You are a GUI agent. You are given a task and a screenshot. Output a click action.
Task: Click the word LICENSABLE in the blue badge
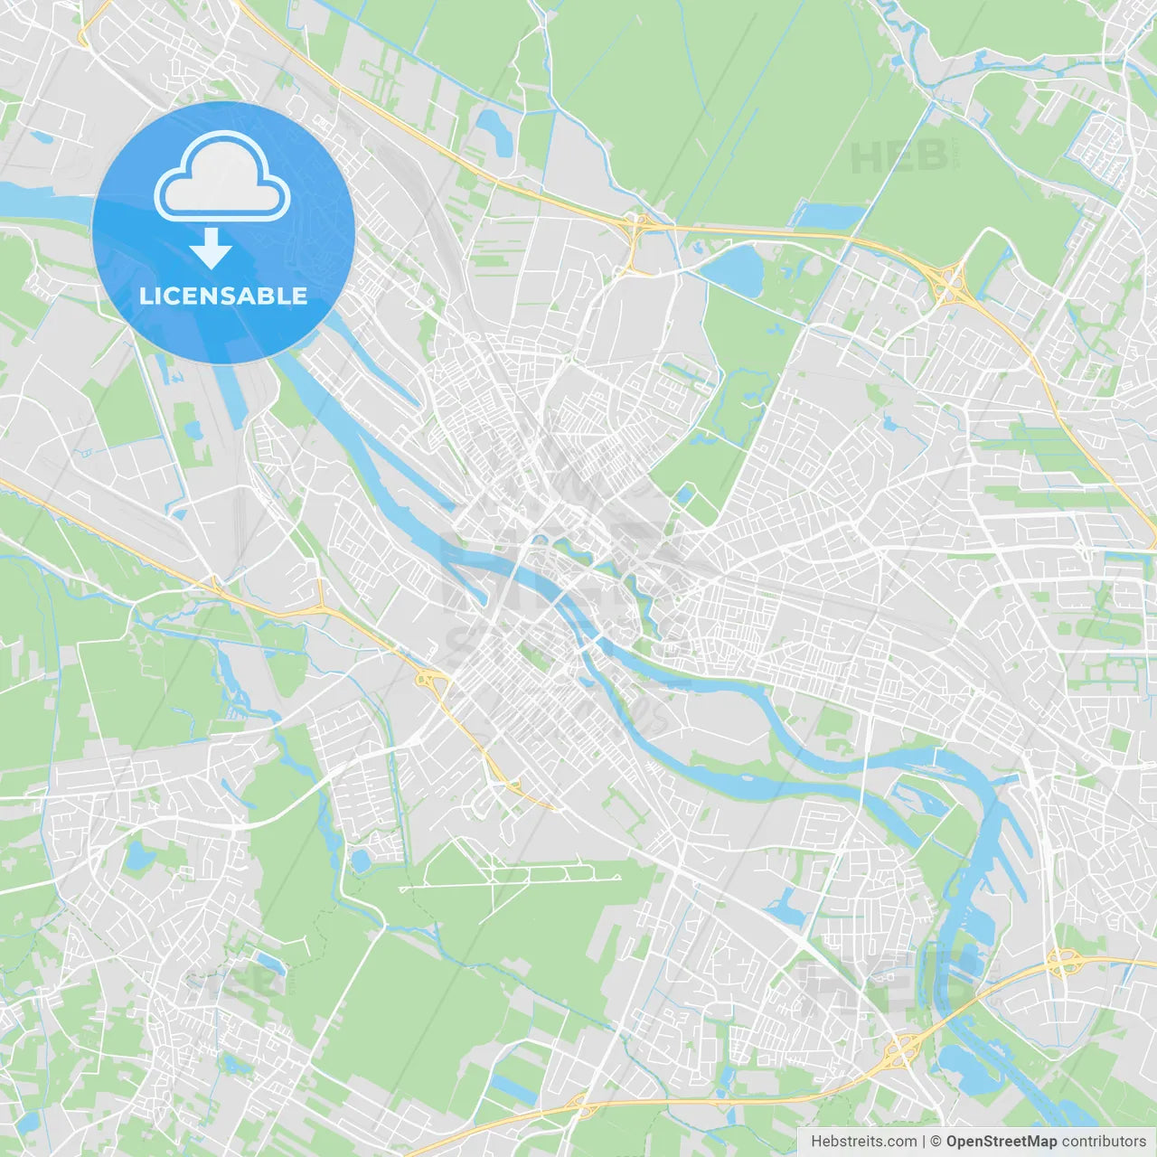tap(223, 296)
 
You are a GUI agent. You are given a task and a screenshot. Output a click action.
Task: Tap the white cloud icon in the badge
tap(222, 178)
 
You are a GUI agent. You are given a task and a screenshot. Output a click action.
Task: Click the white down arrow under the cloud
tap(211, 249)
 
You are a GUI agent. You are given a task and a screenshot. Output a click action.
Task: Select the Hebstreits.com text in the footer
tap(863, 1142)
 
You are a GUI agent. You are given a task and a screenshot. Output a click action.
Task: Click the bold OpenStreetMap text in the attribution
tap(1002, 1142)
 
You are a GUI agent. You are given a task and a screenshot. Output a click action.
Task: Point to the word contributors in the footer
tap(1104, 1142)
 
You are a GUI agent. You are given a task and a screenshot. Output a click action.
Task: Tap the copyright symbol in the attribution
tap(936, 1142)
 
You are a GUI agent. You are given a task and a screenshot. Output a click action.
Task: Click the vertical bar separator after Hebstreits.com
tap(924, 1142)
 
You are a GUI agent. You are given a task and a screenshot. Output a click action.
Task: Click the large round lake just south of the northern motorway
tap(735, 268)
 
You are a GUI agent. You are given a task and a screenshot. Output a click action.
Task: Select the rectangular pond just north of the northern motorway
tap(828, 216)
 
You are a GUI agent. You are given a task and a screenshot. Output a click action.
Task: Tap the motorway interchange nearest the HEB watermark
tap(948, 283)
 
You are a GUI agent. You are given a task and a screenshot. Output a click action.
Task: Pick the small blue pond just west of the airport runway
tap(362, 861)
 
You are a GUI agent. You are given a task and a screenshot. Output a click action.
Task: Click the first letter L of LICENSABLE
tap(146, 296)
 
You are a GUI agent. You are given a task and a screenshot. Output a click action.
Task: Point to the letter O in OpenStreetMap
tap(953, 1142)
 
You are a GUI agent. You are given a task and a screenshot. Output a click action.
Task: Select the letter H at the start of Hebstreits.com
tap(816, 1142)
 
